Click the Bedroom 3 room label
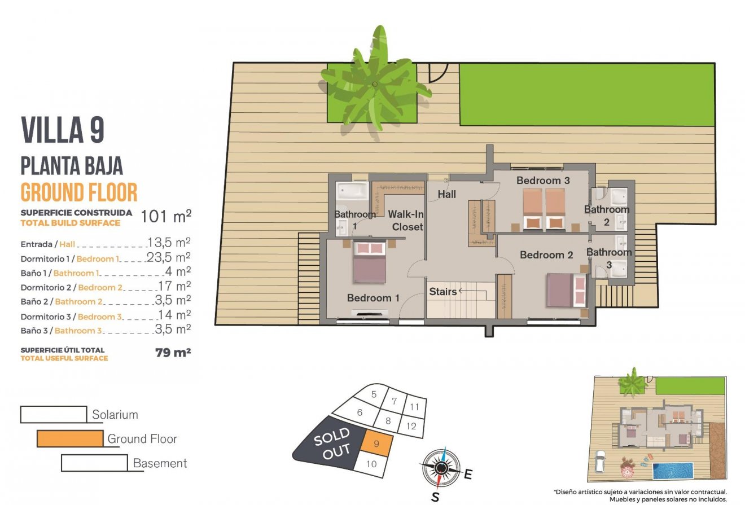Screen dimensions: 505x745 pos(543,181)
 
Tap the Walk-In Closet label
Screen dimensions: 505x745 pos(405,221)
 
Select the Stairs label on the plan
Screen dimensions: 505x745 pos(442,292)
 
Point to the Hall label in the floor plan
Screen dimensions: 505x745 pos(447,195)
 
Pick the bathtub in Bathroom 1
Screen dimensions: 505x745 pos(352,190)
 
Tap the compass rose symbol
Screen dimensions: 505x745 pos(441,467)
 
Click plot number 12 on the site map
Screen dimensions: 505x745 pos(411,426)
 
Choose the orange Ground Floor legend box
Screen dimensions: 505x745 pos(71,438)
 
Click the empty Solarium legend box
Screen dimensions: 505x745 pos(54,414)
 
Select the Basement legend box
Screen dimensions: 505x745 pos(94,463)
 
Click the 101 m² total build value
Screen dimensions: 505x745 pos(166,217)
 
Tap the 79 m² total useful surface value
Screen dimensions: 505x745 pos(173,353)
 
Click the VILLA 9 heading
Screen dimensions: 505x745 pos(63,130)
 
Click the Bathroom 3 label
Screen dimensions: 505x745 pos(608,258)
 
